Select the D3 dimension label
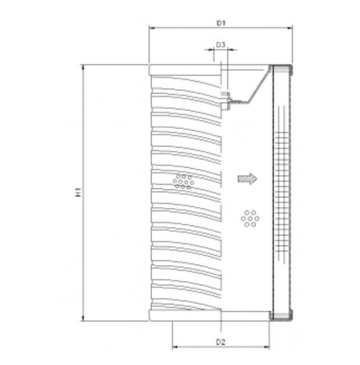point(221,46)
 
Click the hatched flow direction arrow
point(247,179)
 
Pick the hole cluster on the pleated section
point(183,181)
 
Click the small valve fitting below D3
point(228,98)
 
